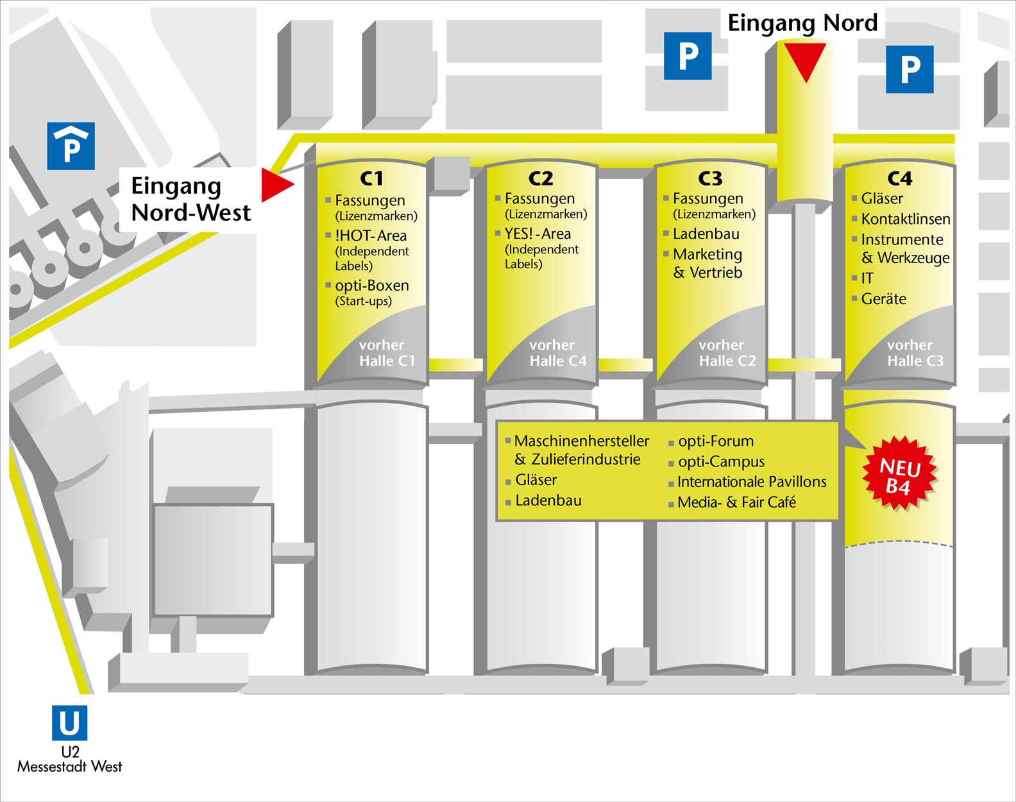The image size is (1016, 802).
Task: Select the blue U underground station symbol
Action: [69, 723]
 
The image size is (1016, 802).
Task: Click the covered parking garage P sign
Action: [71, 146]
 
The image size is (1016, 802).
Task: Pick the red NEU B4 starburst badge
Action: [899, 475]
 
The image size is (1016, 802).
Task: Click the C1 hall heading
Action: [371, 178]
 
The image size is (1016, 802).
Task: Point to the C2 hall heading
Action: [541, 178]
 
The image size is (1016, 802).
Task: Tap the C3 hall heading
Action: [710, 178]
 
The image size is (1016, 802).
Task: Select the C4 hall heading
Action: [899, 178]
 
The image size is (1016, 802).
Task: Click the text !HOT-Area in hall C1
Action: [371, 235]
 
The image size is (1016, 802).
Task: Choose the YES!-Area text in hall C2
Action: [538, 234]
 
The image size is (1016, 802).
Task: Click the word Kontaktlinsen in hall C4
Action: [906, 219]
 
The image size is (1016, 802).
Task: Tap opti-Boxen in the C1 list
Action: [372, 286]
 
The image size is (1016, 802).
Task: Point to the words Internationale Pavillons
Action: [752, 482]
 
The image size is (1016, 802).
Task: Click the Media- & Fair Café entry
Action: [736, 502]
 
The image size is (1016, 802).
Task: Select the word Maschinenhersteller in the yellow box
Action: [582, 441]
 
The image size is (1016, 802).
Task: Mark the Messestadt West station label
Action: [69, 766]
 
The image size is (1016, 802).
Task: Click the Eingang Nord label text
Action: [802, 23]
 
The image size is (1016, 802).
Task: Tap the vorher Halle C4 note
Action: [557, 353]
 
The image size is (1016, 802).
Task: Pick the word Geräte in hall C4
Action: [884, 298]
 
